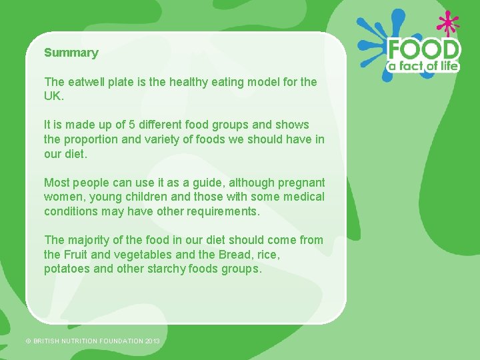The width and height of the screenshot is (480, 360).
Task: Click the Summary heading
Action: pyautogui.click(x=71, y=53)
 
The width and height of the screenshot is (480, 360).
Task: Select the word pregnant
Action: pyautogui.click(x=301, y=183)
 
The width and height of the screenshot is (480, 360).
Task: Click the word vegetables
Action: pyautogui.click(x=145, y=254)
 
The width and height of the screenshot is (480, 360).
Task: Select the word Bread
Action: pyautogui.click(x=233, y=254)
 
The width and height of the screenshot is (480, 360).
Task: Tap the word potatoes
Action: pyautogui.click(x=67, y=269)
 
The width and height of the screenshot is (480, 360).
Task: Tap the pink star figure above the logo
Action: pyautogui.click(x=447, y=24)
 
